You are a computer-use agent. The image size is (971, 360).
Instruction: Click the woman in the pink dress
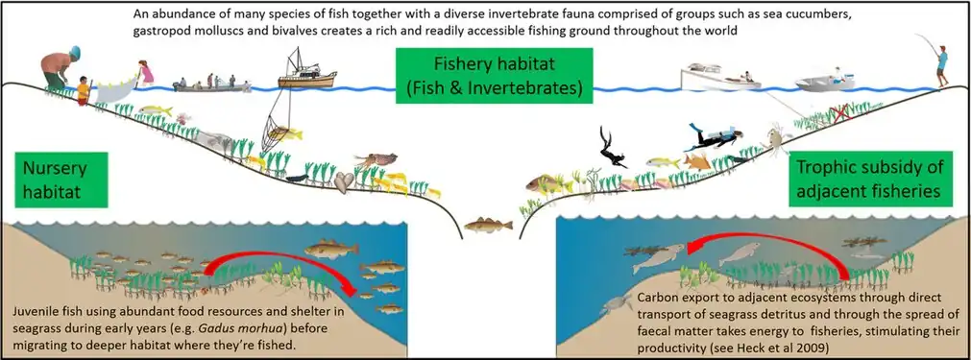[x=145, y=76]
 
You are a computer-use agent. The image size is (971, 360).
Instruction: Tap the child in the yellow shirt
[x=84, y=90]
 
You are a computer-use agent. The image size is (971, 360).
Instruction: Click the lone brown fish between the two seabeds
[x=481, y=226]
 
